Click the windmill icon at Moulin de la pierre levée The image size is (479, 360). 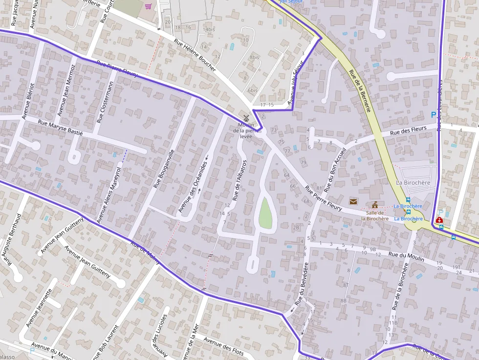(x=246, y=118)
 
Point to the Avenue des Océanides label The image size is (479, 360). (x=193, y=187)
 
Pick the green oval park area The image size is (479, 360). (x=265, y=212)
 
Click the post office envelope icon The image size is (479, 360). (x=353, y=201)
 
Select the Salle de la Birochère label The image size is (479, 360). (x=375, y=215)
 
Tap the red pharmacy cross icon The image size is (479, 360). (x=439, y=220)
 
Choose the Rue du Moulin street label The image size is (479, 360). (x=406, y=255)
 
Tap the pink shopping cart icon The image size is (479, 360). (x=148, y=6)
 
